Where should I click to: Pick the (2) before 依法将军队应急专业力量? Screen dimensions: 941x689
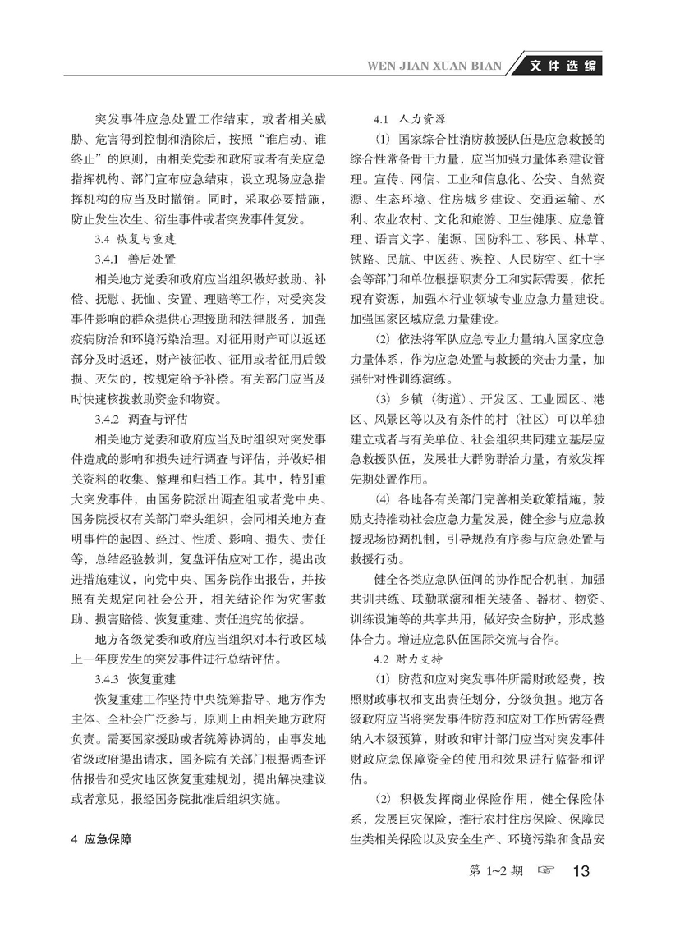tap(382, 338)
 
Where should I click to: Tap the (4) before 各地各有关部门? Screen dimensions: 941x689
tap(382, 498)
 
